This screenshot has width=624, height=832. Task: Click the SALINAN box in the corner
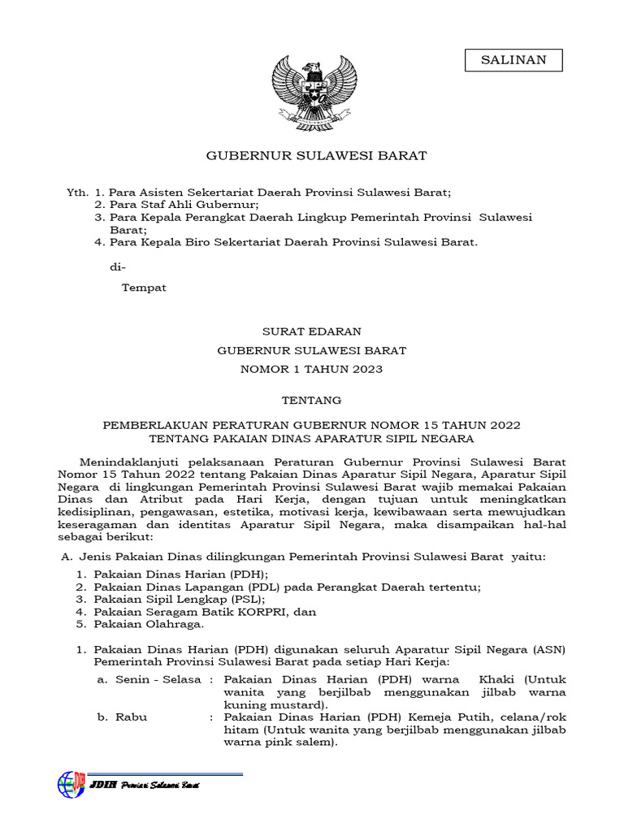tap(513, 60)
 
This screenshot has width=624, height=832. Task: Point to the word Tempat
tap(144, 288)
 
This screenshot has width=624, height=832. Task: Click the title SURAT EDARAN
tap(311, 331)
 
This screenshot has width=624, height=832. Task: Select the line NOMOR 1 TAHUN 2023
tap(311, 369)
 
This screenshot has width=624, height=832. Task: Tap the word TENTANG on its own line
tap(311, 401)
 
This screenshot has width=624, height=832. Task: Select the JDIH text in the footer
tap(105, 785)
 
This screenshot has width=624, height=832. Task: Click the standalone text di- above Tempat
tap(118, 267)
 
